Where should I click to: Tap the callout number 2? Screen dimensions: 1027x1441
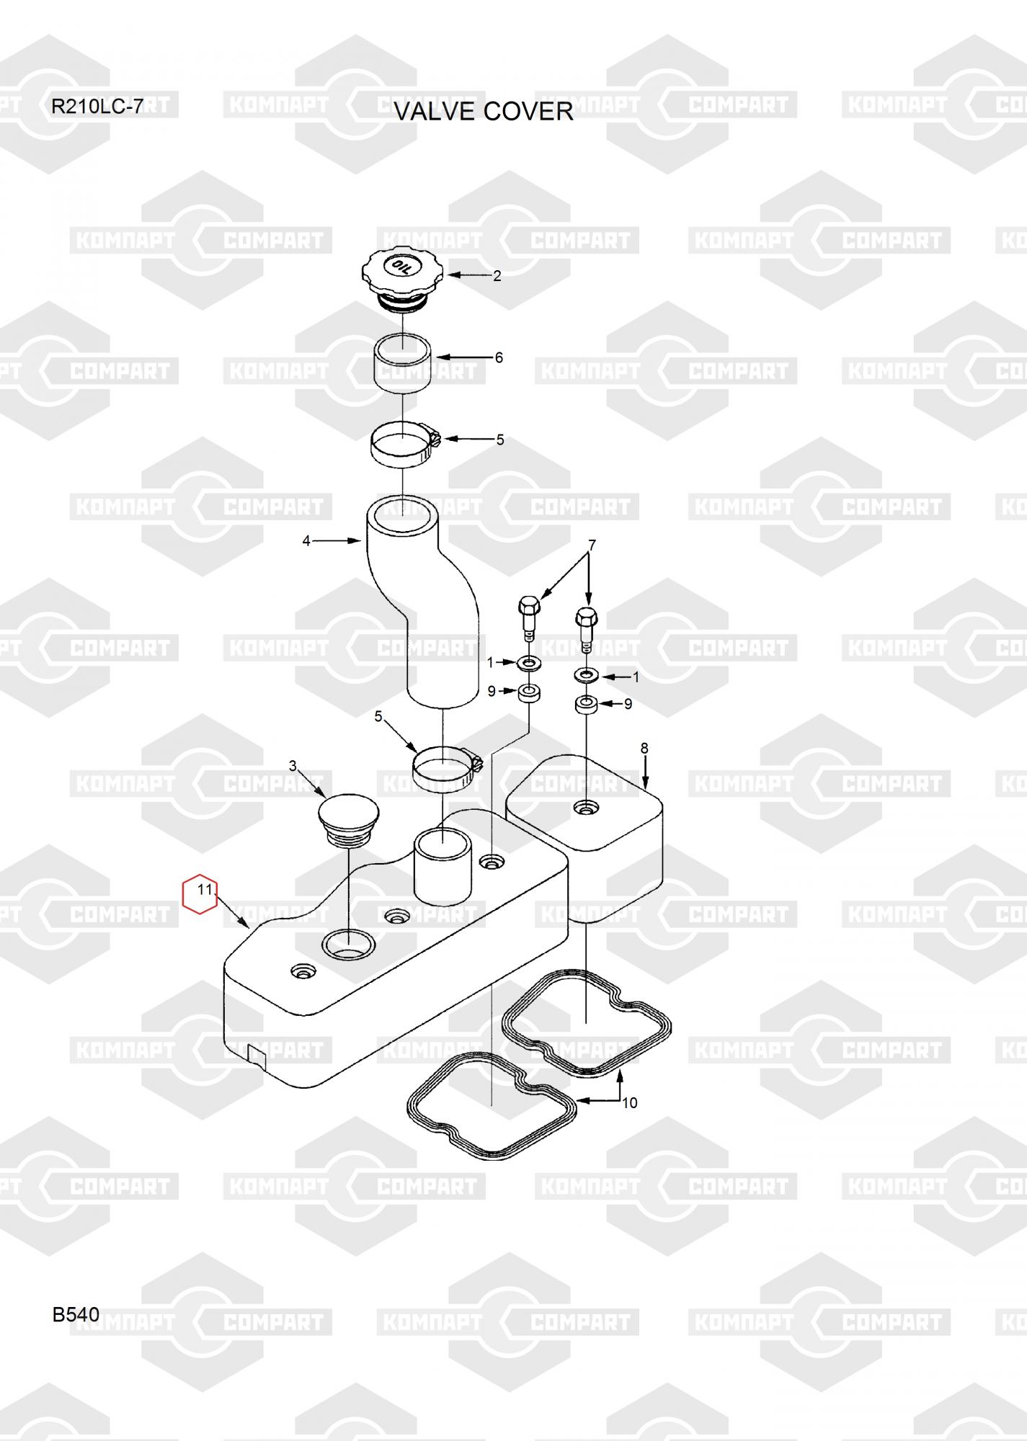pyautogui.click(x=497, y=276)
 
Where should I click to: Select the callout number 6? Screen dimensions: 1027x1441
pyautogui.click(x=499, y=357)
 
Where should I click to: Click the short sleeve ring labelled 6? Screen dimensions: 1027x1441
pyautogui.click(x=402, y=365)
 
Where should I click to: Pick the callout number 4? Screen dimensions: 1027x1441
pyautogui.click(x=306, y=540)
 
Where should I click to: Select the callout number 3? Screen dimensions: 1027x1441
pyautogui.click(x=293, y=765)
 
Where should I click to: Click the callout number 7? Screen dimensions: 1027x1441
pyautogui.click(x=592, y=545)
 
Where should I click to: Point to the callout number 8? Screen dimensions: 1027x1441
pyautogui.click(x=644, y=749)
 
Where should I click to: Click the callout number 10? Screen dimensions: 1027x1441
pyautogui.click(x=630, y=1102)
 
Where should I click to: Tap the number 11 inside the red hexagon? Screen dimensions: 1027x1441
pyautogui.click(x=205, y=889)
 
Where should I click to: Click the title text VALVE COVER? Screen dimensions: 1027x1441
pyautogui.click(x=483, y=112)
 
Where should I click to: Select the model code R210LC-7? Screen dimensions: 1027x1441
pyautogui.click(x=97, y=107)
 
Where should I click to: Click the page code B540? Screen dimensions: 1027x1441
pyautogui.click(x=76, y=1315)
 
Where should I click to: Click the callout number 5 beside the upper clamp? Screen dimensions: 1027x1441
pyautogui.click(x=500, y=440)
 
